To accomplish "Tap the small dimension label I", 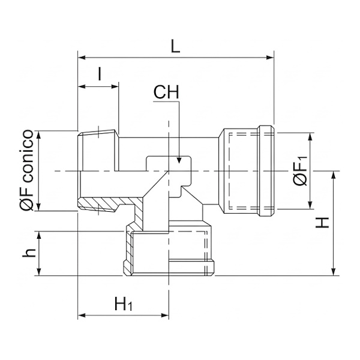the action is point(100,74).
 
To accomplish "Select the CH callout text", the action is point(166,92).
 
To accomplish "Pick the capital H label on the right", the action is point(322,223).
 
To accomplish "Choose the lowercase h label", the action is point(29,253).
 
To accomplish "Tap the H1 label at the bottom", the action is point(123,304).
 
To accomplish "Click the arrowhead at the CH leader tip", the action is point(179,160).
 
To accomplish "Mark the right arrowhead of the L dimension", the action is point(271,58).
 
